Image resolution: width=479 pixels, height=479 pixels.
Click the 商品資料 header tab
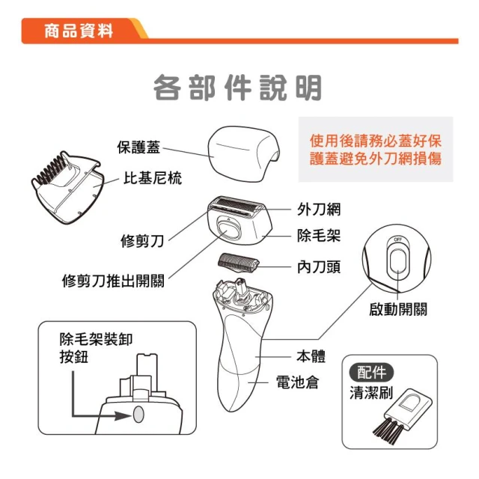79,31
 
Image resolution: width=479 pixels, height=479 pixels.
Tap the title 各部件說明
237,88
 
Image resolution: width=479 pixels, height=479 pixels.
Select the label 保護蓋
138,147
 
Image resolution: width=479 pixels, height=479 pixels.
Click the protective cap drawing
243,153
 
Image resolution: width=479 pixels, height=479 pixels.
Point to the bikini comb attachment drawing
67,187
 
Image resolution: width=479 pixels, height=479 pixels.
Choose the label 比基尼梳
153,178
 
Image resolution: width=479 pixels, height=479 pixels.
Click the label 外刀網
319,210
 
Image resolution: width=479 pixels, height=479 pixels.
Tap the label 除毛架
319,236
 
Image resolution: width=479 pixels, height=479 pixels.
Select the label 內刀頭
319,266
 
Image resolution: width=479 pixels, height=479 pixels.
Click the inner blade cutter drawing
238,262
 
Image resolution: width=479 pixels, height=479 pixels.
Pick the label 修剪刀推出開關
113,281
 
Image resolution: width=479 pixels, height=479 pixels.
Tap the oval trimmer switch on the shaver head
228,229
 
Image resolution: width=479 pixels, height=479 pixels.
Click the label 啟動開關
397,309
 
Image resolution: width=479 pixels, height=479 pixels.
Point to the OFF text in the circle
397,239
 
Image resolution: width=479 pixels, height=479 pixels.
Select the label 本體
311,356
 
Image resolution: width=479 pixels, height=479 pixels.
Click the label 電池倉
297,382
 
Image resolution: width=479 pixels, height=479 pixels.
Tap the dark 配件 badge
371,373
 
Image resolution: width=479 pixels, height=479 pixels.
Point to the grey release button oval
138,414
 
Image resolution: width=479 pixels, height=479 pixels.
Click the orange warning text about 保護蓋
376,150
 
